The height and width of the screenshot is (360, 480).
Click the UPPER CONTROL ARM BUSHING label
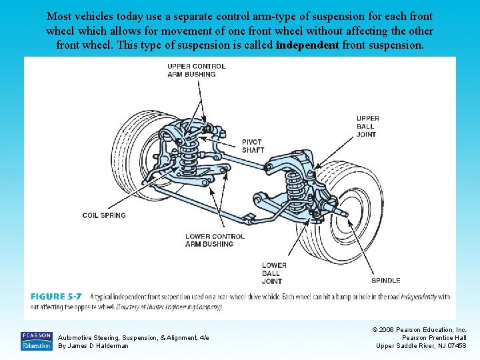[196, 70]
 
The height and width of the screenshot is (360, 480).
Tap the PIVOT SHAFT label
[253, 146]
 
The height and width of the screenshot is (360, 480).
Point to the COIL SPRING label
[103, 215]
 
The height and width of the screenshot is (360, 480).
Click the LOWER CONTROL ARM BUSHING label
[215, 240]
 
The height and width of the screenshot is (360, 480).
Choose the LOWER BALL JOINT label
[274, 273]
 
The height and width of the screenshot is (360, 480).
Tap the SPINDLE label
[386, 281]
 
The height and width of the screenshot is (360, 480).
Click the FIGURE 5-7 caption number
[57, 297]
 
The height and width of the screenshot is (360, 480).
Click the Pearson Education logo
[37, 341]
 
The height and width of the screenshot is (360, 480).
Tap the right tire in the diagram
[340, 210]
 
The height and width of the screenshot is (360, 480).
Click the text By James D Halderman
[93, 346]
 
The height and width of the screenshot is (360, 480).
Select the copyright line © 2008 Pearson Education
[421, 329]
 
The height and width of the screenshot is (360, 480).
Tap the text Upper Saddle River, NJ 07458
[421, 345]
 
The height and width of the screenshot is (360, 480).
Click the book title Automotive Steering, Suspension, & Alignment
[133, 338]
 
